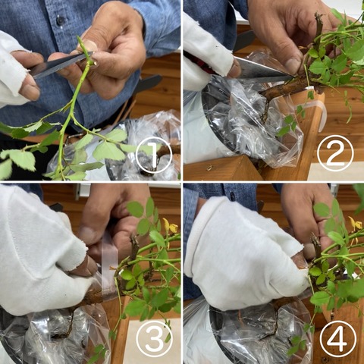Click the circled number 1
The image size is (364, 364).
[x=153, y=155]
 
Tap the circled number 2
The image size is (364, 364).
[x=334, y=152]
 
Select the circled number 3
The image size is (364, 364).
[x=154, y=338]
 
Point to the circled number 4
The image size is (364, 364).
[x=337, y=338]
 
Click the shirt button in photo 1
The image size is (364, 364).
[x=61, y=20]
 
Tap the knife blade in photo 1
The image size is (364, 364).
[x=61, y=64]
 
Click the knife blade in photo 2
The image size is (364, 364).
[x=263, y=71]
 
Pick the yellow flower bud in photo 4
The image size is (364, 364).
[x=355, y=224]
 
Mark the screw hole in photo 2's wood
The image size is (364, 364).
[x=209, y=168]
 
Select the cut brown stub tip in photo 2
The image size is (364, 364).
[x=318, y=16]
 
